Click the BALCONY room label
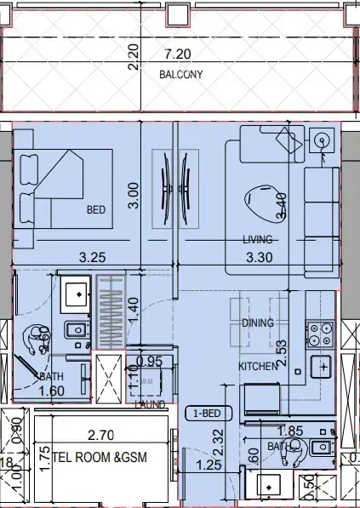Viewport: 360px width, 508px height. coord(181,74)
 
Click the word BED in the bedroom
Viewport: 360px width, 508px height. coord(95,209)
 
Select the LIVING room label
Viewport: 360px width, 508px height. coord(256,239)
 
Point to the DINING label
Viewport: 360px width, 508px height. coord(257,323)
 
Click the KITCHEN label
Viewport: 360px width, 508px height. coord(258,366)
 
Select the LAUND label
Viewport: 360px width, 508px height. coord(150,404)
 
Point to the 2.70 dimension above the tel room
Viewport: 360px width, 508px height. coord(100,436)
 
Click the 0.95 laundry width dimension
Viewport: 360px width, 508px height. coord(149,361)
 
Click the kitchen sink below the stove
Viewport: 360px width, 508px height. coord(322,367)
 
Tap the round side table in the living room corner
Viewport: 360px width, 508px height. coord(322,140)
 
